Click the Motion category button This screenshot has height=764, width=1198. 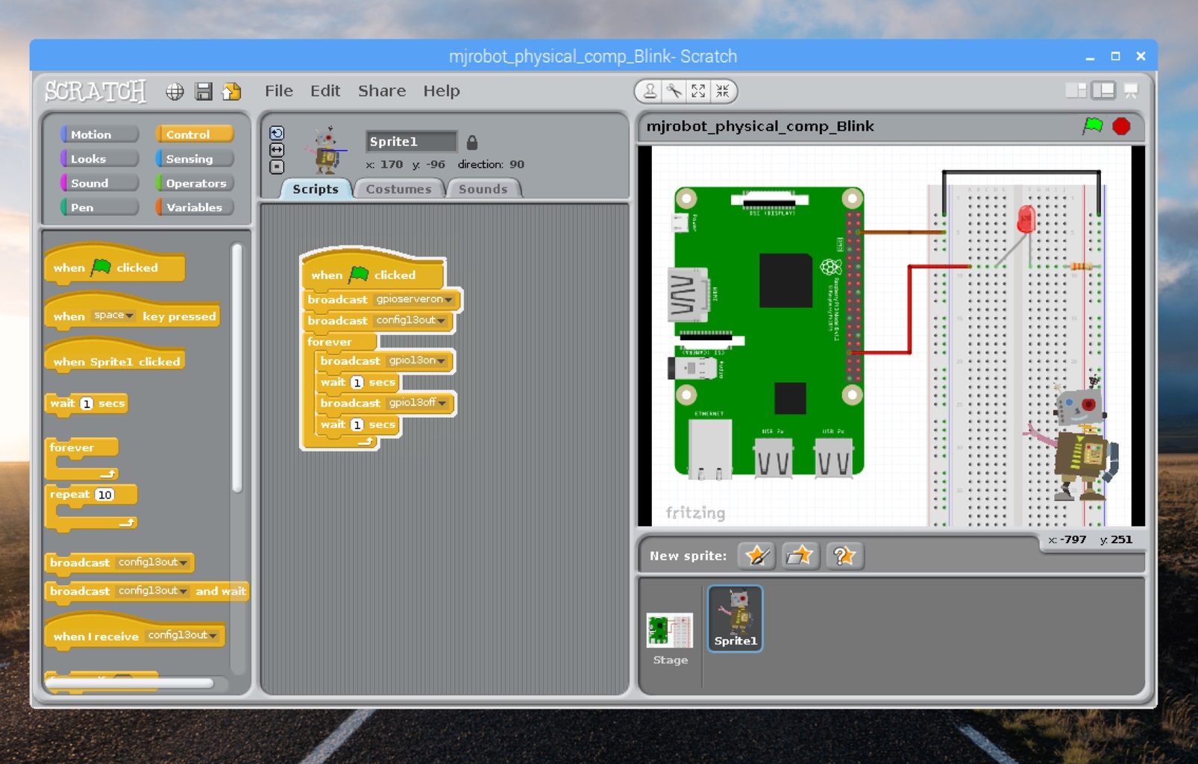tap(100, 134)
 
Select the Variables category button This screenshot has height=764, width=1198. tap(194, 207)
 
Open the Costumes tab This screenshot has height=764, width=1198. tap(398, 189)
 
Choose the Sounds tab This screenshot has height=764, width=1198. tap(483, 189)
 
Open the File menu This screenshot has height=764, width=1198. tap(278, 91)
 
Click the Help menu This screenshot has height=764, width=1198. tap(441, 91)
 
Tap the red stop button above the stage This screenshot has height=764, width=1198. tap(1120, 126)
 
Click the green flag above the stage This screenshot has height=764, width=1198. tap(1093, 126)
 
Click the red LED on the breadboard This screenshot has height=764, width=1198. tap(1026, 219)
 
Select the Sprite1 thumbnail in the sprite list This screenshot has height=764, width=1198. tap(735, 618)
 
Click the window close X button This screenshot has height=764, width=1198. tap(1140, 56)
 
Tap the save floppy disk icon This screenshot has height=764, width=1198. tap(203, 91)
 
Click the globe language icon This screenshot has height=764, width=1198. tap(175, 91)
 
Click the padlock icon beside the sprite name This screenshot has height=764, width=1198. tap(471, 142)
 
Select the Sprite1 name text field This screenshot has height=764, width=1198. tap(410, 142)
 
